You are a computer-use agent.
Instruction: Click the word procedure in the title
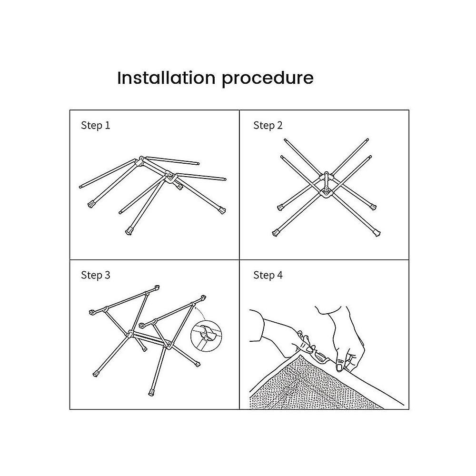click(268, 79)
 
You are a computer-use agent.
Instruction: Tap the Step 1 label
click(95, 125)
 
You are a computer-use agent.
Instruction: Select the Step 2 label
click(268, 125)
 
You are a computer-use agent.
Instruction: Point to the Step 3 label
click(95, 275)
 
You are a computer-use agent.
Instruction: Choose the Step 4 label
click(268, 275)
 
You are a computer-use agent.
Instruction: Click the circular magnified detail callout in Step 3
click(206, 336)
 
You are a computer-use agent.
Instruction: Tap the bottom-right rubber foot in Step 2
click(377, 233)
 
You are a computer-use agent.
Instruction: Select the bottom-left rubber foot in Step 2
click(276, 233)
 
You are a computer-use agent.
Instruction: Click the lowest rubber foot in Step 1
click(129, 231)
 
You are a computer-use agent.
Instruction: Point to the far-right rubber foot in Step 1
click(222, 210)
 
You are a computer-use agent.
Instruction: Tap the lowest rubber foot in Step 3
click(151, 393)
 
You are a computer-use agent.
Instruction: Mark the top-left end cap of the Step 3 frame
click(92, 312)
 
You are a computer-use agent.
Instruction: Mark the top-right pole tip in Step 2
click(367, 140)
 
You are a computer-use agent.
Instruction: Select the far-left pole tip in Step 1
click(81, 187)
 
